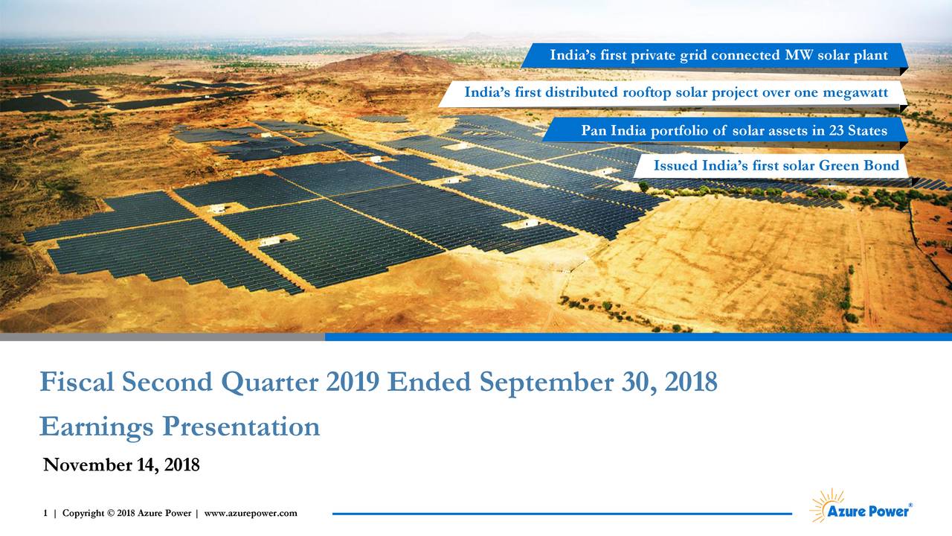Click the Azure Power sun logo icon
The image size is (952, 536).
pos(826,505)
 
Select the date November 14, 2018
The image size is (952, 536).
pos(121,466)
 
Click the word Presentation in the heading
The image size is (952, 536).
pos(241,427)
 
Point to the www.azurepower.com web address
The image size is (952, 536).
pos(251,513)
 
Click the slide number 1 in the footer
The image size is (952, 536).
pos(45,513)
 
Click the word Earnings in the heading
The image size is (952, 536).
pos(97,427)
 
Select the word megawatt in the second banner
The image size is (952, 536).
pos(853,92)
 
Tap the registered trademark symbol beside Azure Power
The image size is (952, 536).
pos(910,505)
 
